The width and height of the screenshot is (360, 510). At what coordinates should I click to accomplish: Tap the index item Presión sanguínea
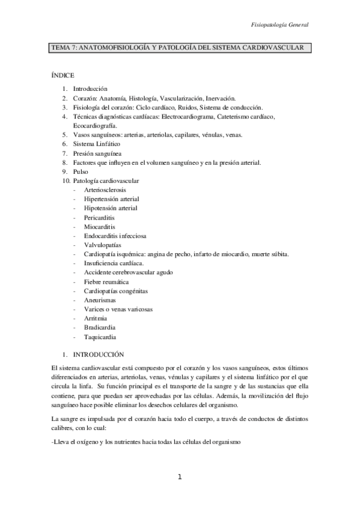pos(99,153)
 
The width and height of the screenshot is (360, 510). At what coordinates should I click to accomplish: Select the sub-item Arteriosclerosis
pos(105,190)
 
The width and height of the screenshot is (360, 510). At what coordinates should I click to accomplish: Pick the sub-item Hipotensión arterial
pos(111,208)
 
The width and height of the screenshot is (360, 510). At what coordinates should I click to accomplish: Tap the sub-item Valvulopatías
pos(103,245)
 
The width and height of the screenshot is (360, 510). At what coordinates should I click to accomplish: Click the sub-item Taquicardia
pos(100,337)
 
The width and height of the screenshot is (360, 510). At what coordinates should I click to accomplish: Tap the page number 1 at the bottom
pos(180,477)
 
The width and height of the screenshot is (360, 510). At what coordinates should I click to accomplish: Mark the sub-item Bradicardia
pos(100,328)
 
